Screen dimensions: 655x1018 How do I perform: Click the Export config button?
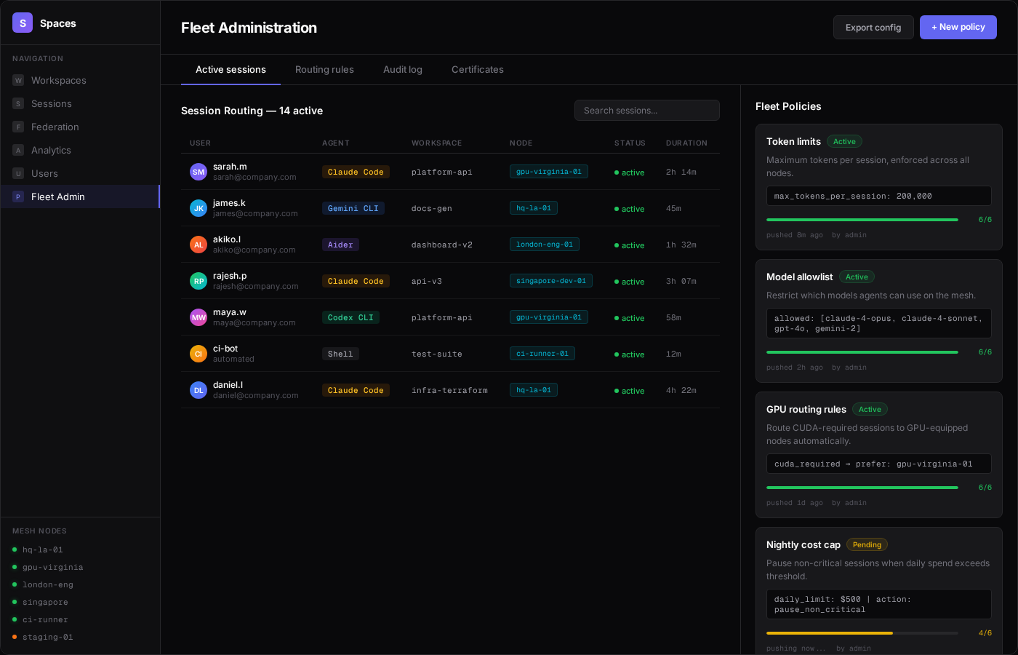coord(873,28)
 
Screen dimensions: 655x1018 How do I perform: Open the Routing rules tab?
coord(324,70)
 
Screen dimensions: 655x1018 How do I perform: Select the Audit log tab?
coord(402,70)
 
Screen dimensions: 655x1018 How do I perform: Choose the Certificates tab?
coord(477,70)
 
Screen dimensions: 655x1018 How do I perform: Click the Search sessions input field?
coord(646,111)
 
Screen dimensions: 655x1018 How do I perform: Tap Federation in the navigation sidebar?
coord(55,127)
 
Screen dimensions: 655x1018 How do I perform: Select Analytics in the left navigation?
coord(51,150)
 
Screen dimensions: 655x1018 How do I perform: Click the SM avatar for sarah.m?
coord(199,172)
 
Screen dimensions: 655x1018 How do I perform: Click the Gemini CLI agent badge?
coord(353,208)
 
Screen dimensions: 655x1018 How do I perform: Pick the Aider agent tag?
coord(340,245)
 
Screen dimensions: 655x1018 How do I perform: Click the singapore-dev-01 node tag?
coord(550,281)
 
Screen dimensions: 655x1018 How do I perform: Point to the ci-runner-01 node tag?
coord(542,354)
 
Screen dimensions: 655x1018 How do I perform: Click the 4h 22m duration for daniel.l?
coord(681,391)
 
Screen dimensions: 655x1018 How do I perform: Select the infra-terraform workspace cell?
coord(449,391)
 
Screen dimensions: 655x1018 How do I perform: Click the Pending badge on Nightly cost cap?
coord(866,545)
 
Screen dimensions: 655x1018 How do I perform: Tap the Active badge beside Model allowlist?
coord(857,277)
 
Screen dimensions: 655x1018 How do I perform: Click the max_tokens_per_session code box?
coord(878,196)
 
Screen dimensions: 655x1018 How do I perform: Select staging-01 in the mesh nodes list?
coord(47,638)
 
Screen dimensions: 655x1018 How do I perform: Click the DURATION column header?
coord(686,143)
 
